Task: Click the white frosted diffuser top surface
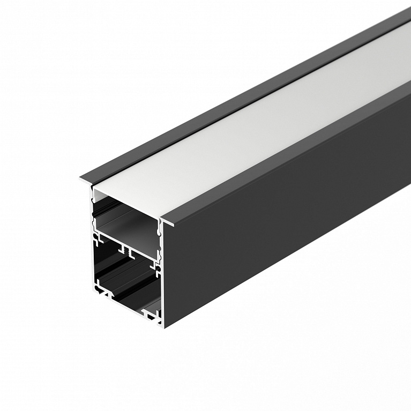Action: tap(257, 123)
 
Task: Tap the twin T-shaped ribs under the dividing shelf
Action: tap(126, 249)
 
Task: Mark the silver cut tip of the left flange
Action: tap(84, 181)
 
